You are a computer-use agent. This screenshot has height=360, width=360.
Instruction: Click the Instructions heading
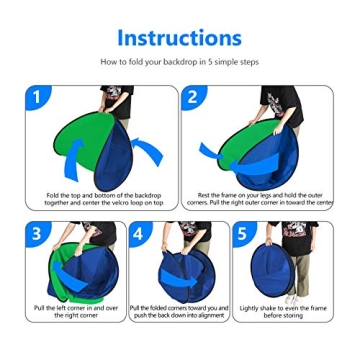pos(179,37)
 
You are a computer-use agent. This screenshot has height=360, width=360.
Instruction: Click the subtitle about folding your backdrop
pos(179,62)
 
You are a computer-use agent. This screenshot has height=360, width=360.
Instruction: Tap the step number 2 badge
pos(194,97)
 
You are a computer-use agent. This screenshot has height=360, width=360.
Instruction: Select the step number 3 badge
pos(39,234)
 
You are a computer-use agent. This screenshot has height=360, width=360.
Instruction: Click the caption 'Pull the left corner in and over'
pos(75,310)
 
